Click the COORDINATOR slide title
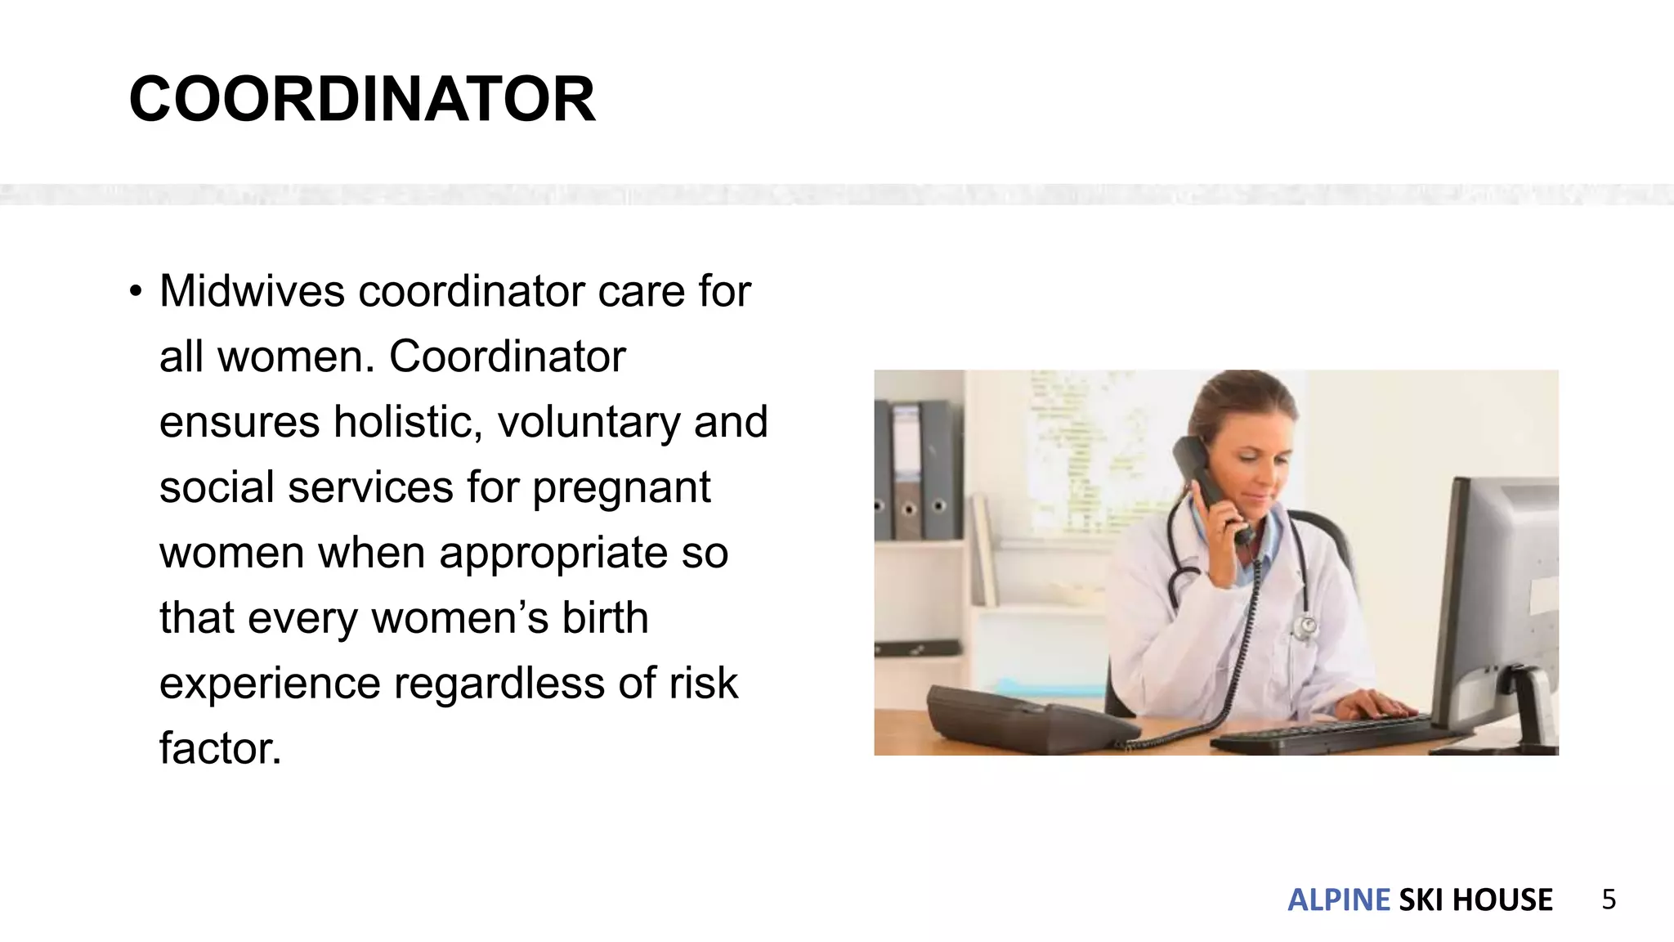point(362,100)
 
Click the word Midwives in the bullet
point(252,291)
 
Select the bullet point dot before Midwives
point(136,292)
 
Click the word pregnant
point(621,489)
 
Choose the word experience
point(270,684)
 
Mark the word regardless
point(499,684)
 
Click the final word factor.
point(220,748)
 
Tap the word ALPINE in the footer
point(1338,899)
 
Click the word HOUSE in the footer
point(1502,899)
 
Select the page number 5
point(1609,899)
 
